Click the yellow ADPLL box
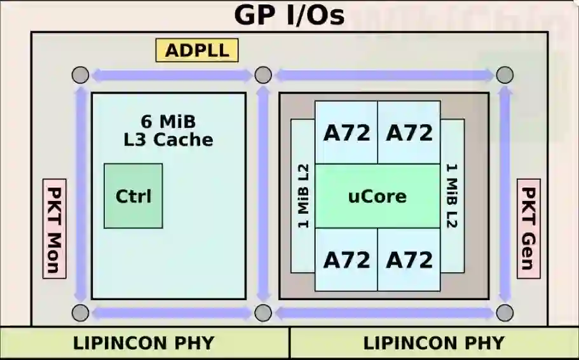tap(196, 50)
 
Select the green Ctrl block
tap(133, 196)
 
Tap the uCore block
tap(377, 196)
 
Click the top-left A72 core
tap(346, 132)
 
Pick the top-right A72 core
tap(409, 132)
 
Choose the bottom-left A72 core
tap(346, 260)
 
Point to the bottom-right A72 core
tap(409, 260)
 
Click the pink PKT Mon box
tap(55, 228)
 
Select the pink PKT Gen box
tap(528, 228)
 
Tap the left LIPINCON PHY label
tap(144, 343)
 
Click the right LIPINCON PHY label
tap(433, 343)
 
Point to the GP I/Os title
tap(289, 15)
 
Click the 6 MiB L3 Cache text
tap(168, 130)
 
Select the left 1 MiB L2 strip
tap(303, 196)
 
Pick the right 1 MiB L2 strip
tap(452, 196)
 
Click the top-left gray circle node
tap(79, 75)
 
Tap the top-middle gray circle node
tap(263, 75)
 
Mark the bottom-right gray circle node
tap(505, 312)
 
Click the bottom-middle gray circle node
tap(263, 312)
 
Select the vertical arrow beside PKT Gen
tap(505, 194)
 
